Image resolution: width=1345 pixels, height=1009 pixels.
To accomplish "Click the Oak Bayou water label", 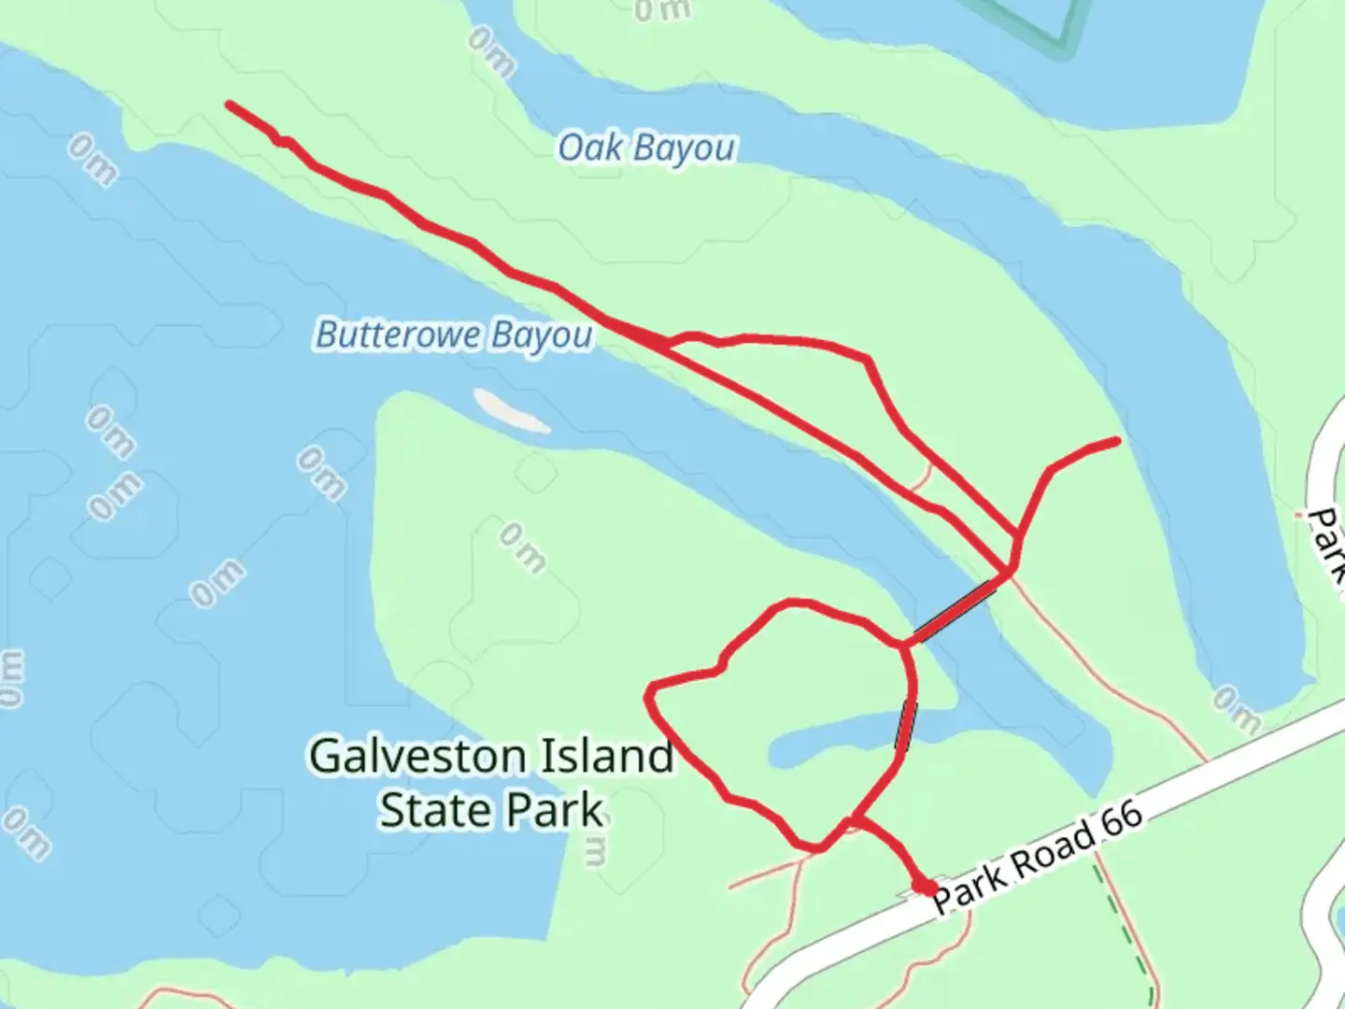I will click(x=646, y=148).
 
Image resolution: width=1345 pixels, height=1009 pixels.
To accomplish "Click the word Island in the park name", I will click(x=613, y=756).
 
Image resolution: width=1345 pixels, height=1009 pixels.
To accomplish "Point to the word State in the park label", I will click(x=432, y=810).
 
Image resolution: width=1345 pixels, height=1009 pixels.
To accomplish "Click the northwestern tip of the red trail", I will click(x=230, y=105).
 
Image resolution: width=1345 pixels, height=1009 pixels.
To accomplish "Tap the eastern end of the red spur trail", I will click(x=1116, y=440).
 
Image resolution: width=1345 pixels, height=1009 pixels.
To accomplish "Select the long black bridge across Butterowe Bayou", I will click(x=953, y=612).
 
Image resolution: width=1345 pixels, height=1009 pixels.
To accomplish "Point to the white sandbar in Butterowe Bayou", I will click(x=511, y=411).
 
